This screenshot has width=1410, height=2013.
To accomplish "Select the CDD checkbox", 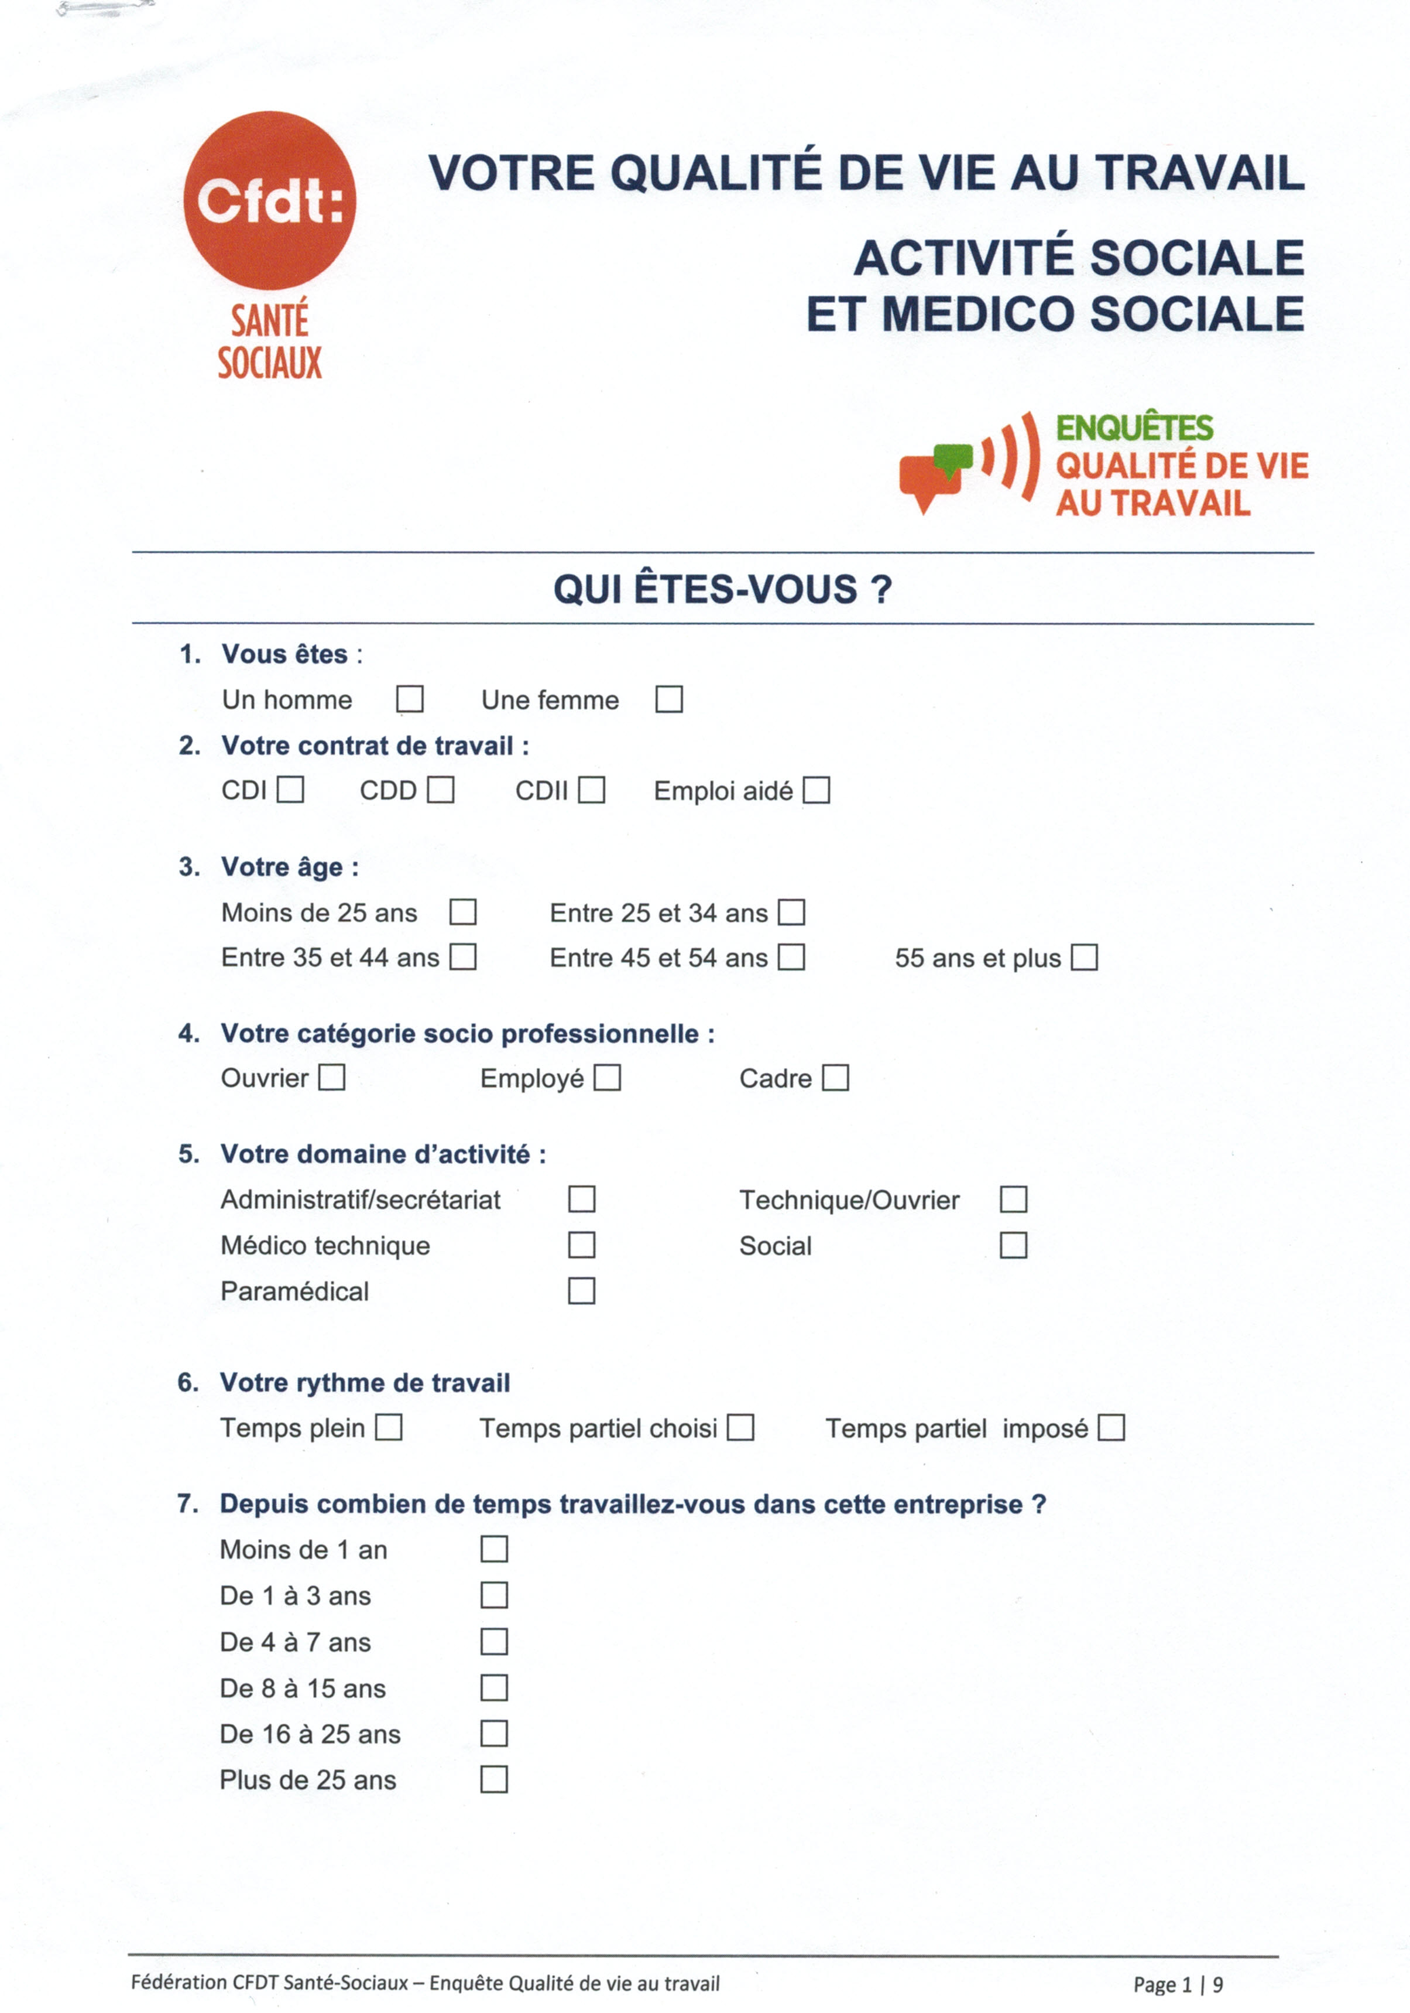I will pos(440,790).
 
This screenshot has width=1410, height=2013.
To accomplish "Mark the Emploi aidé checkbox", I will pos(816,790).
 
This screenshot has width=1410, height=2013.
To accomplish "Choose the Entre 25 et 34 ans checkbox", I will pos(791,912).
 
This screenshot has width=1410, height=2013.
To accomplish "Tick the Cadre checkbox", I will pos(835,1078).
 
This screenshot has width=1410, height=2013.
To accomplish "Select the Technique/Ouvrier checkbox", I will pos(1013,1199).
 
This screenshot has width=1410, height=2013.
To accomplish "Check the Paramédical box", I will pos(581,1291).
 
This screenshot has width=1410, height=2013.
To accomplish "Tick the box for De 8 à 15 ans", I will pos(494,1688).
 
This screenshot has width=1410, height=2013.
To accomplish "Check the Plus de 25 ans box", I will pos(494,1780).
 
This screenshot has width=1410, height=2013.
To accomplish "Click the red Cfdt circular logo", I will pos(270,201).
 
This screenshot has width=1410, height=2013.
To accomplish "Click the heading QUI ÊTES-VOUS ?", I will pos(722,589).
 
